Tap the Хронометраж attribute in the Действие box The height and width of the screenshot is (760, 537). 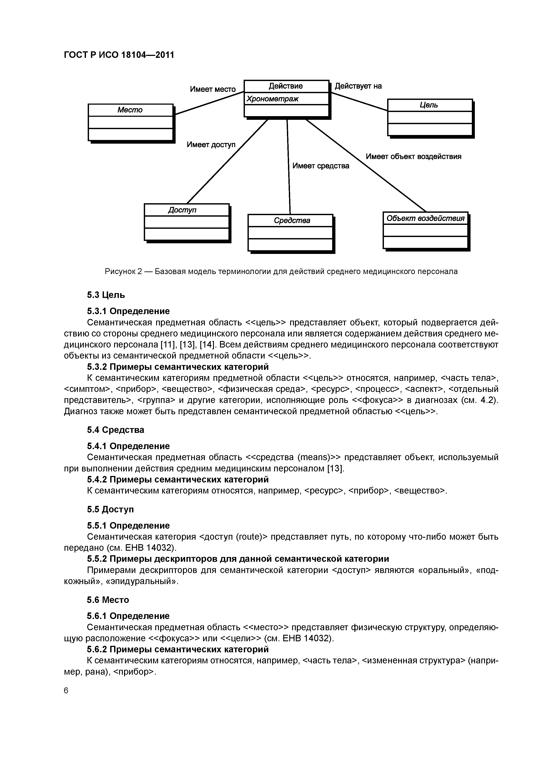tap(272, 99)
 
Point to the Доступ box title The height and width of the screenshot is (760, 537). tap(182, 210)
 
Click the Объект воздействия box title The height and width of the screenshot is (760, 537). tap(425, 218)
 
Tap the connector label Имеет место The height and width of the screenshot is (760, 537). tap(213, 89)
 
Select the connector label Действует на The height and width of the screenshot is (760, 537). tap(358, 86)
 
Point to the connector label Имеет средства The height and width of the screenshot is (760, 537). tap(321, 166)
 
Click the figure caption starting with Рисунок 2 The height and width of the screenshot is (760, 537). tap(281, 271)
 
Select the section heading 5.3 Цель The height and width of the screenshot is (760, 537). tap(106, 295)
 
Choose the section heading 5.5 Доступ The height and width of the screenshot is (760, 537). tap(110, 509)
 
